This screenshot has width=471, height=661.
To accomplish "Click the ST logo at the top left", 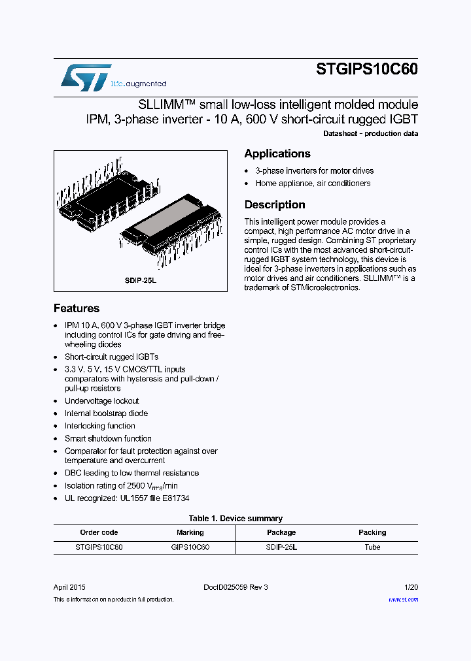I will (x=86, y=77).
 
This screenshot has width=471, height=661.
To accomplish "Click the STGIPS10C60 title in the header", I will (x=367, y=70).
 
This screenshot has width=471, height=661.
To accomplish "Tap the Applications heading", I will (x=277, y=153).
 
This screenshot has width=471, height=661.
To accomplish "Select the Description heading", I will (x=275, y=204).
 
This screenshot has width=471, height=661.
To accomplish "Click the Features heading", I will (x=77, y=308).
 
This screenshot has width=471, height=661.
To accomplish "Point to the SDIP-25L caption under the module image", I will (x=141, y=280).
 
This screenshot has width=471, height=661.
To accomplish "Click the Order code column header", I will (x=99, y=532).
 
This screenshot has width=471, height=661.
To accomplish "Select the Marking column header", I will (x=190, y=532).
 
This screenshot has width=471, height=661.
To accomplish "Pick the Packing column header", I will (x=372, y=532).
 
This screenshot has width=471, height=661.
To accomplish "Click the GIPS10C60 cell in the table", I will (x=190, y=547).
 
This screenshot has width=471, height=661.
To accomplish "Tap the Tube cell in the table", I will (x=372, y=547).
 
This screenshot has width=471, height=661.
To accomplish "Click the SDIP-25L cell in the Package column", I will (x=281, y=547).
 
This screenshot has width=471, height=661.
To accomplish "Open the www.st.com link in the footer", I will (x=403, y=599).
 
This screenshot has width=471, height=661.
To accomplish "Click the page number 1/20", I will (x=411, y=587).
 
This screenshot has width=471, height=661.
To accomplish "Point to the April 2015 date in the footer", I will (x=69, y=587).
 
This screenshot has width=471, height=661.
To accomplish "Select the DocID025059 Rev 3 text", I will (x=235, y=587).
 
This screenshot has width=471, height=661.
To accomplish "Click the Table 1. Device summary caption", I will (x=235, y=519).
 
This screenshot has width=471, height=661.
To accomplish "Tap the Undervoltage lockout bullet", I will (x=101, y=401).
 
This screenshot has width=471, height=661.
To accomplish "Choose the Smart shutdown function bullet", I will (x=108, y=438).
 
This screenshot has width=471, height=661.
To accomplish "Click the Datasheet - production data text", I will (x=371, y=134).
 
